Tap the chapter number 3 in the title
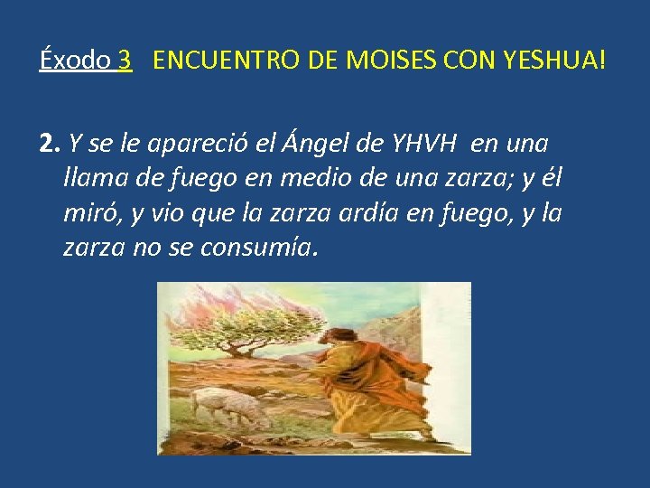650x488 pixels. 125,61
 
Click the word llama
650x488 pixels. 95,178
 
